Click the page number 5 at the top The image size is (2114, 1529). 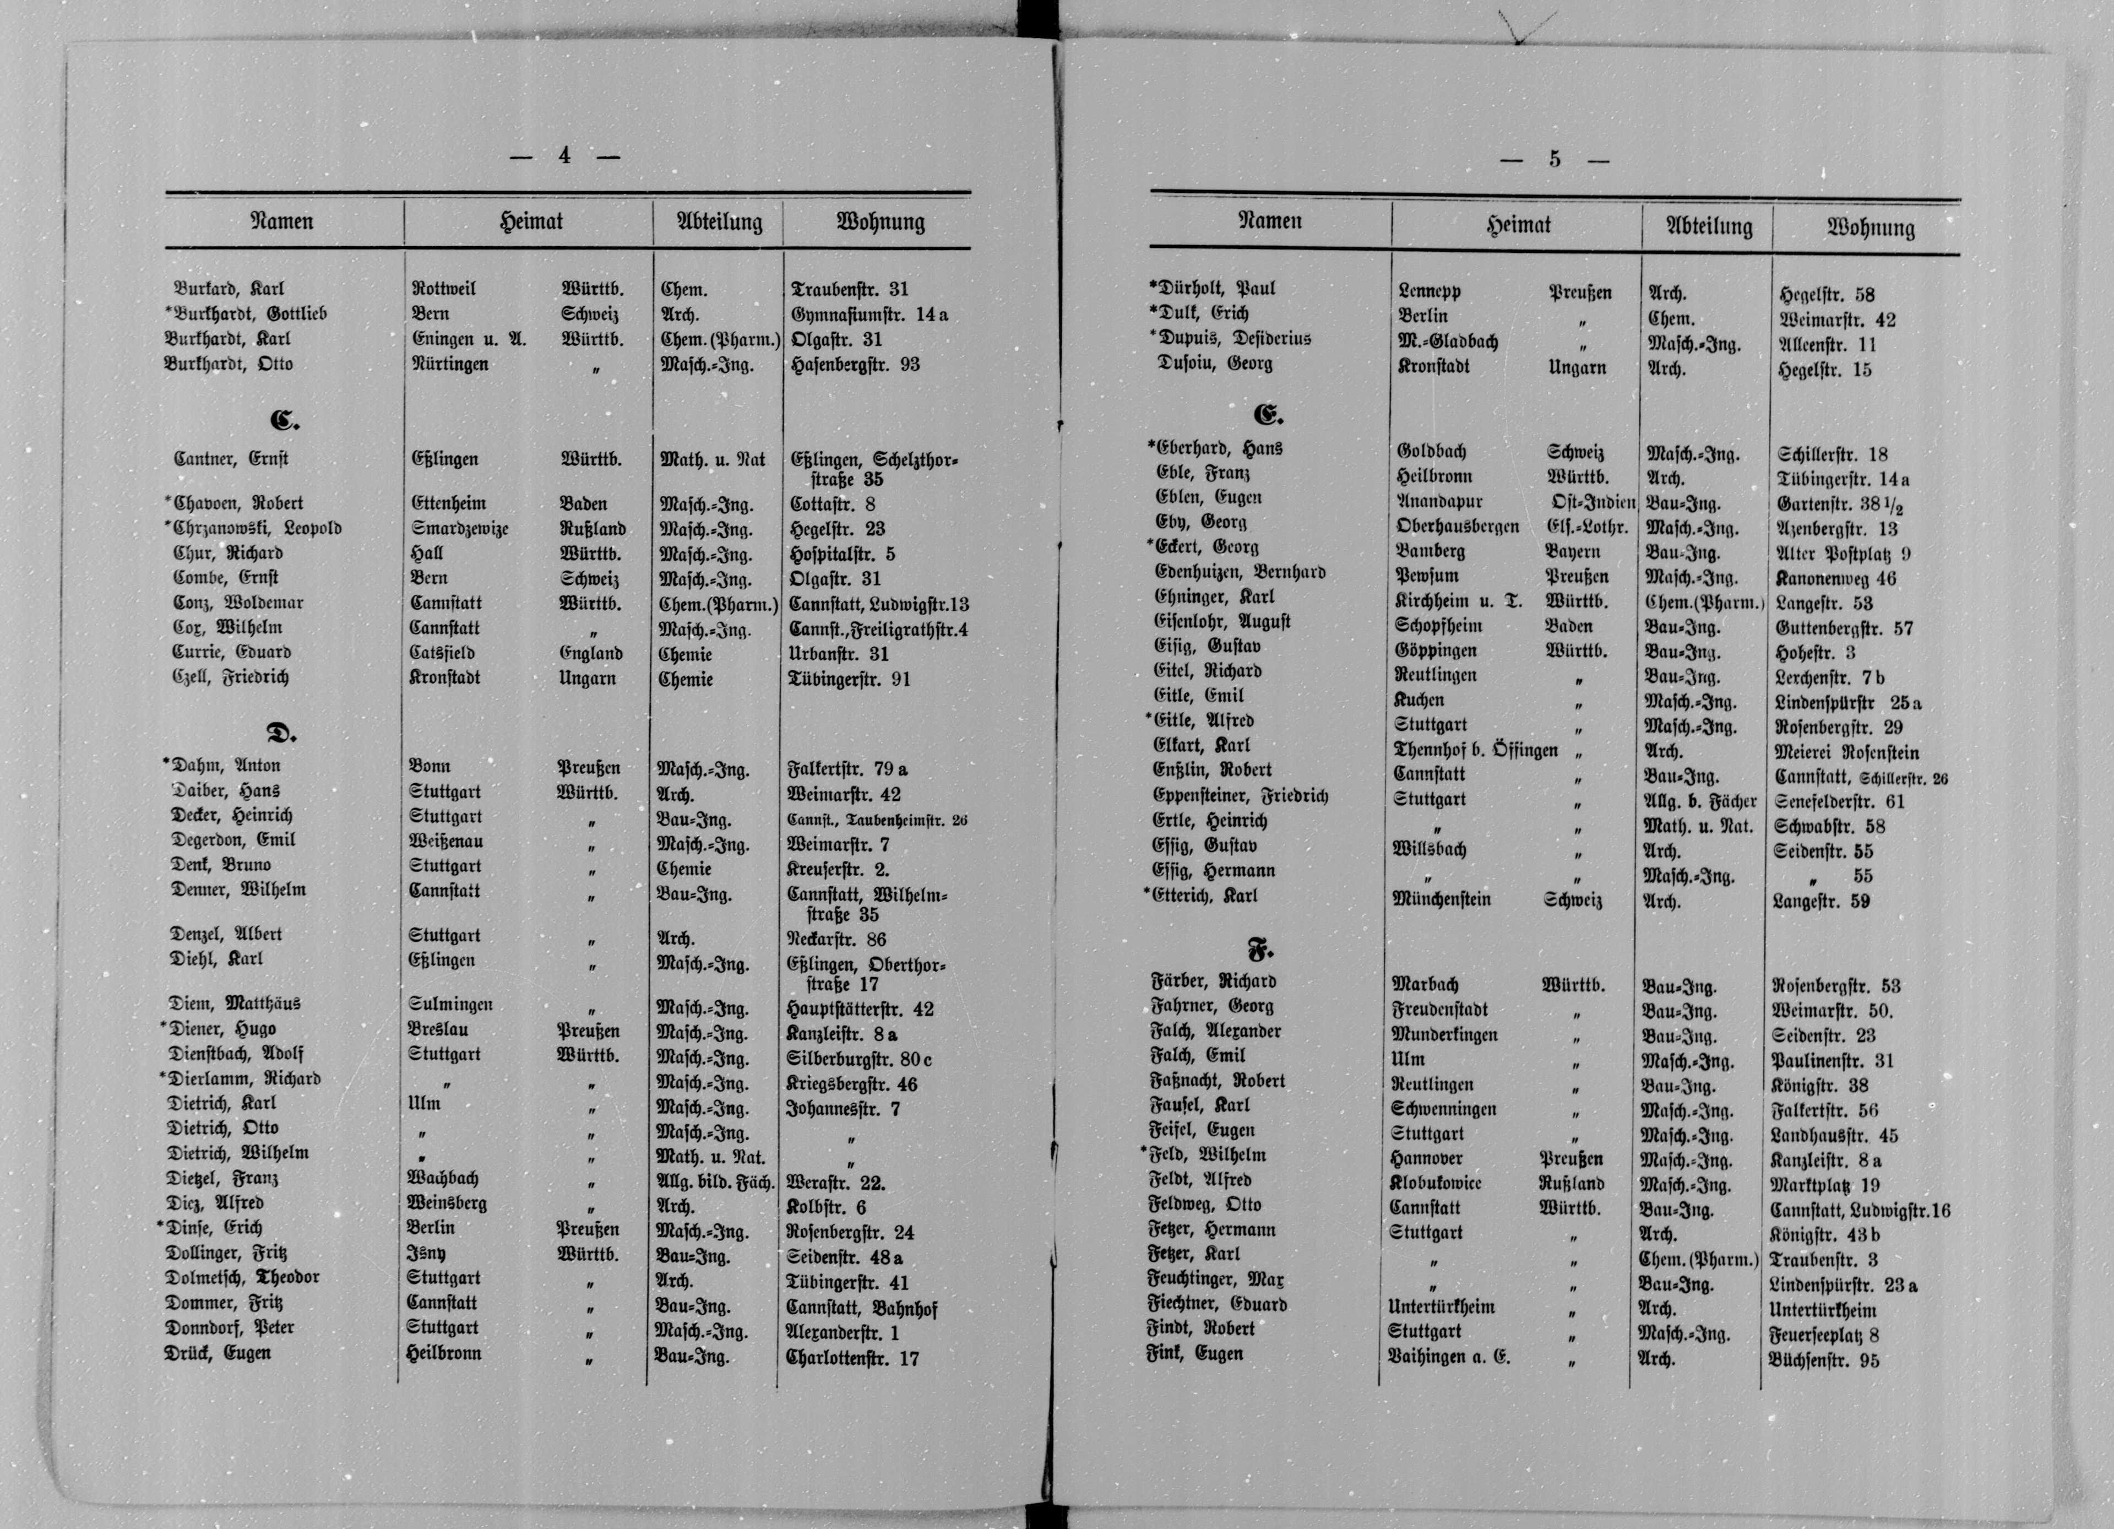(x=1554, y=159)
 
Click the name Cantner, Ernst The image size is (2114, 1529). (x=231, y=459)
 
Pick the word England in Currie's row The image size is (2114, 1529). (x=591, y=653)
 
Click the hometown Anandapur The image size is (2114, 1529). (x=1439, y=502)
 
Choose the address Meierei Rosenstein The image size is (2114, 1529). (x=1846, y=752)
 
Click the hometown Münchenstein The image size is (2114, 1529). (x=1441, y=899)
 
